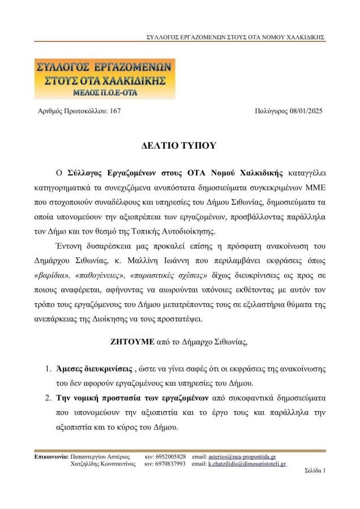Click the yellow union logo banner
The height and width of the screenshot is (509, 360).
pyautogui.click(x=105, y=78)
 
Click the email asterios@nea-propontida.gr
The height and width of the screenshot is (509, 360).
pyautogui.click(x=242, y=456)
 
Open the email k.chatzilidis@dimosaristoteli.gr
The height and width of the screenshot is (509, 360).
pyautogui.click(x=247, y=464)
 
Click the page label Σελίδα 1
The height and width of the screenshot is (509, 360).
pyautogui.click(x=315, y=470)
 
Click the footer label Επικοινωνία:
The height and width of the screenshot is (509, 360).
pyautogui.click(x=52, y=456)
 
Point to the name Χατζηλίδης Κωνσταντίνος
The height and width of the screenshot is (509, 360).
pyautogui.click(x=103, y=464)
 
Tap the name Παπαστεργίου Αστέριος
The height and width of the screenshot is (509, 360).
pyautogui.click(x=100, y=456)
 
